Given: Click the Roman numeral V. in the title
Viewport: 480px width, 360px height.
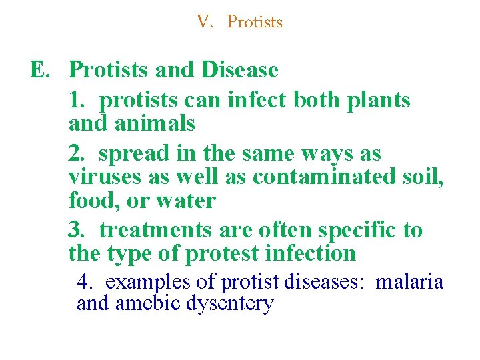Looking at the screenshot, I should pyautogui.click(x=204, y=22).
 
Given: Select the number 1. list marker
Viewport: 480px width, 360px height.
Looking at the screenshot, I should pyautogui.click(x=77, y=100).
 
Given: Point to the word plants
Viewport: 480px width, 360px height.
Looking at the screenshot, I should pyautogui.click(x=379, y=100).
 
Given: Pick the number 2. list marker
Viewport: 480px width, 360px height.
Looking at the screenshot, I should pyautogui.click(x=77, y=153).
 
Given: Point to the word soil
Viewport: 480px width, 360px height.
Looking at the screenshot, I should pyautogui.click(x=424, y=177).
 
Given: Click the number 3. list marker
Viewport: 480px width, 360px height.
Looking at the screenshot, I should pyautogui.click(x=77, y=230).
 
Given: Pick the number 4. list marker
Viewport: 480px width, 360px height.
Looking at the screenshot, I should pyautogui.click(x=84, y=282).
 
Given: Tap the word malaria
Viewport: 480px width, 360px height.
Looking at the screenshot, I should pyautogui.click(x=409, y=282).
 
